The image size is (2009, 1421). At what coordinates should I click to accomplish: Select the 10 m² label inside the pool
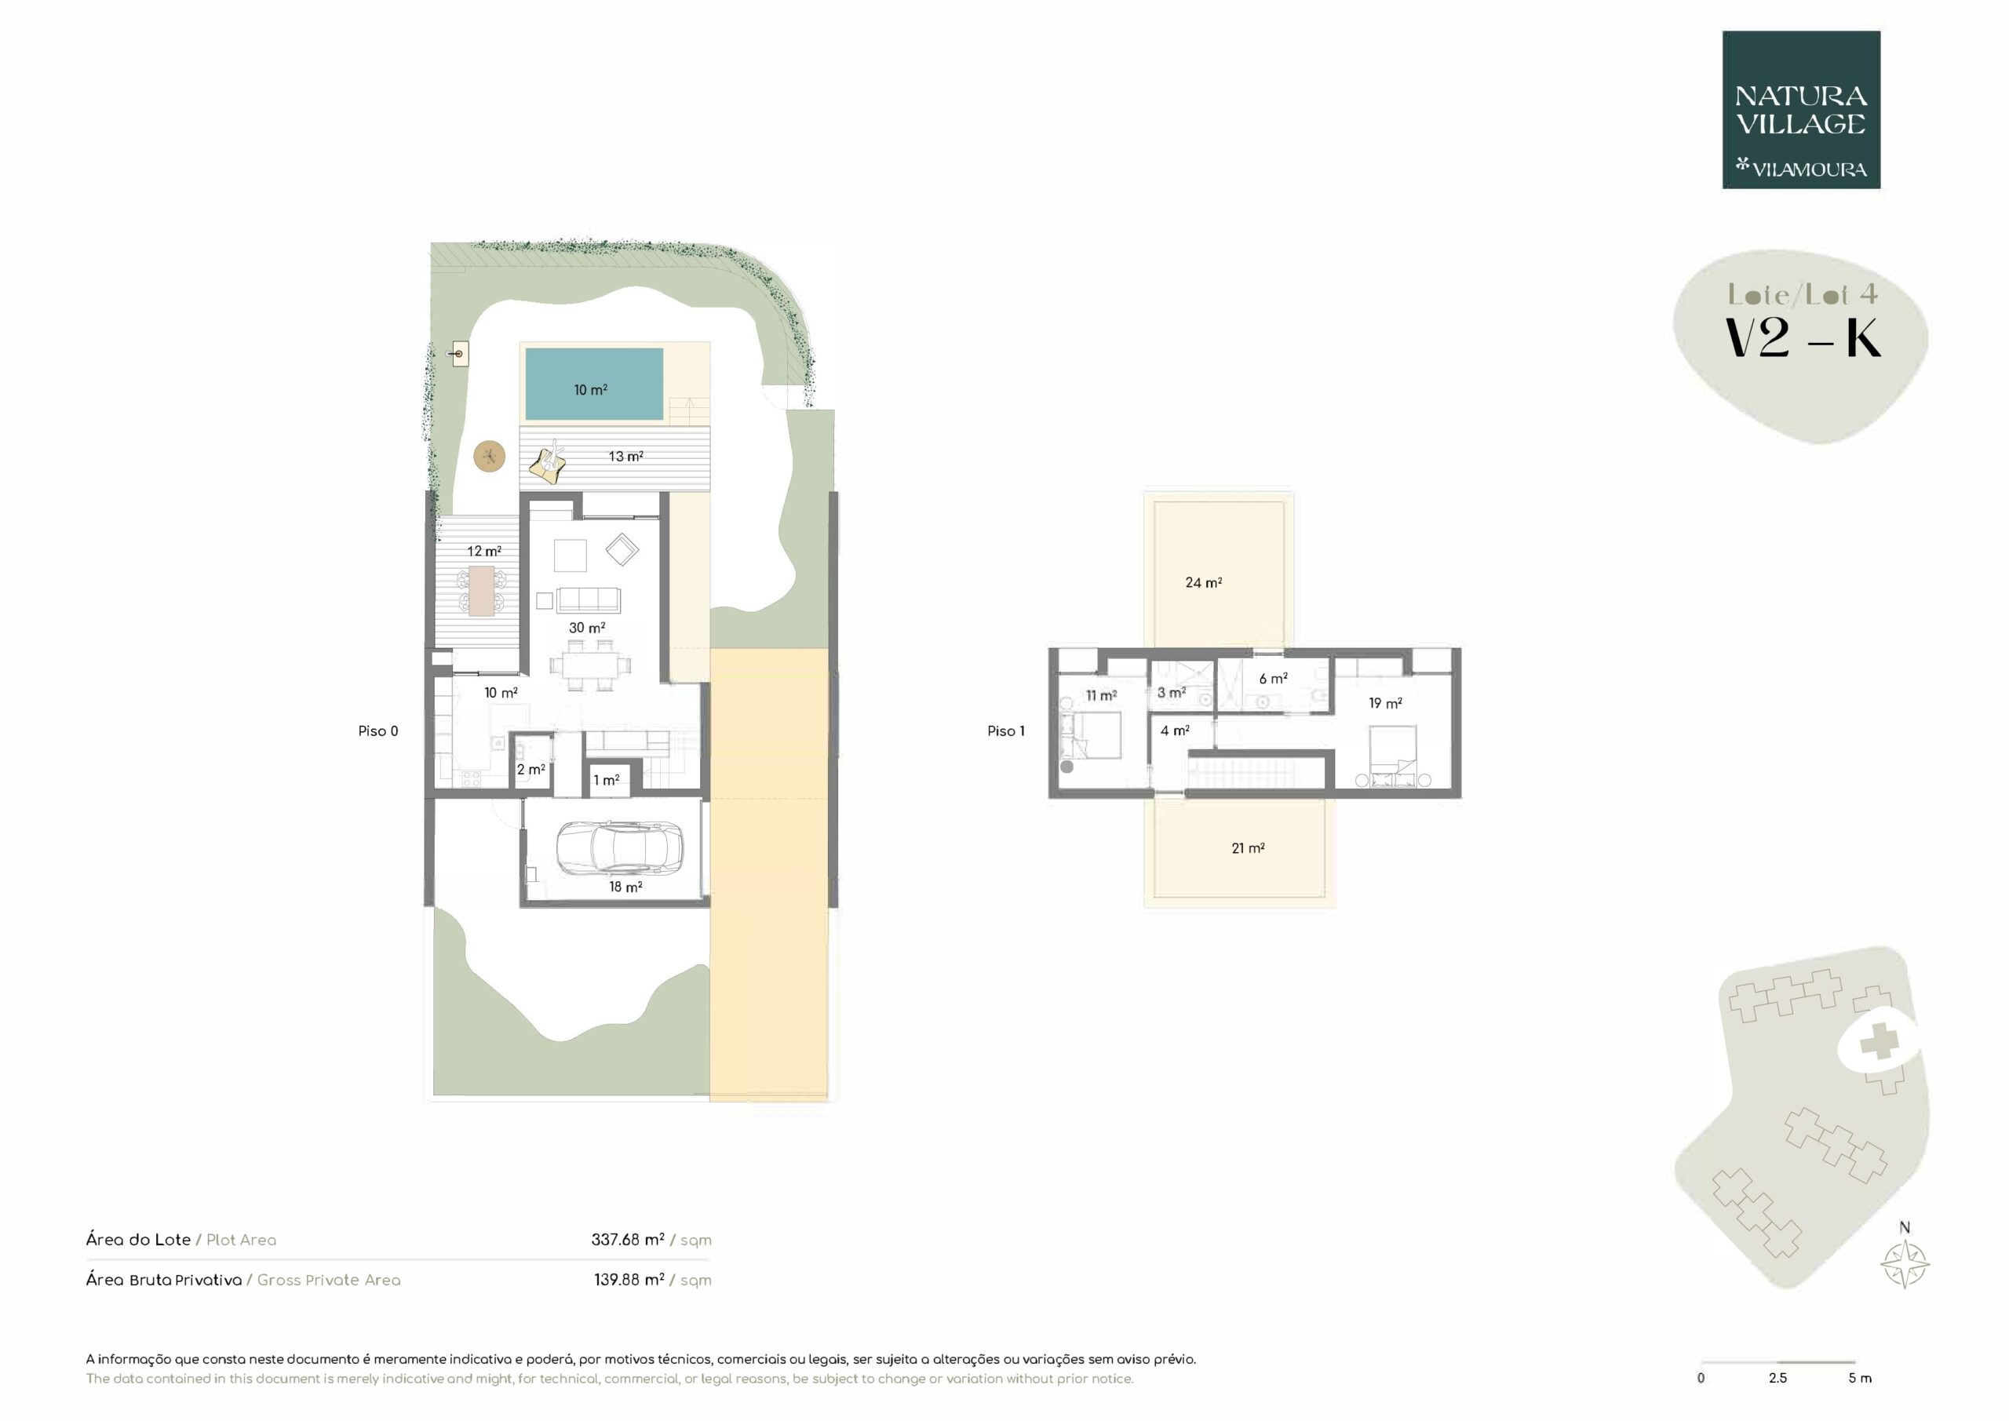pyautogui.click(x=591, y=389)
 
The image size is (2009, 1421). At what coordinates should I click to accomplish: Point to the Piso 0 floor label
pyautogui.click(x=378, y=731)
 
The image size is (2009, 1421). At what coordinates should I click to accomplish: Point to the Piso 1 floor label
pyautogui.click(x=1005, y=731)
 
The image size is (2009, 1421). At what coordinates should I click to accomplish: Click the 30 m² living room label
pyautogui.click(x=587, y=628)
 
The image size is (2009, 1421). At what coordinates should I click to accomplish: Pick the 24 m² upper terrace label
pyautogui.click(x=1203, y=582)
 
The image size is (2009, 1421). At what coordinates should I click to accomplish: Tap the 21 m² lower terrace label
pyautogui.click(x=1248, y=848)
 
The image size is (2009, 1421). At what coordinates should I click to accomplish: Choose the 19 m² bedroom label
pyautogui.click(x=1385, y=702)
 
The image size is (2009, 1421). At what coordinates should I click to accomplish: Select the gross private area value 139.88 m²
pyautogui.click(x=629, y=1279)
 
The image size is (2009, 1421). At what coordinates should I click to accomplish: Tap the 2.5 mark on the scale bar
pyautogui.click(x=1777, y=1377)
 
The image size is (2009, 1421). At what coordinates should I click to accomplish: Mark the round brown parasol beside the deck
pyautogui.click(x=489, y=456)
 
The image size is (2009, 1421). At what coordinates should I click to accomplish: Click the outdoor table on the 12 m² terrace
pyautogui.click(x=481, y=591)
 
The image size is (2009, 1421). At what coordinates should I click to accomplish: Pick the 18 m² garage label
pyautogui.click(x=625, y=887)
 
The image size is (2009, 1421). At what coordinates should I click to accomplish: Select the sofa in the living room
pyautogui.click(x=589, y=599)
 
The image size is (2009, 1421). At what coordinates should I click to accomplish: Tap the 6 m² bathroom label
pyautogui.click(x=1273, y=678)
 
